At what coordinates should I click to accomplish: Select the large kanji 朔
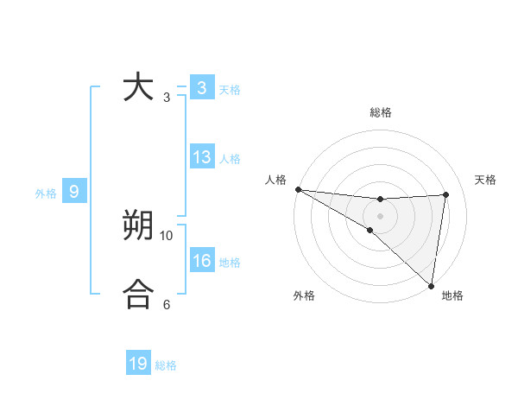[138, 226]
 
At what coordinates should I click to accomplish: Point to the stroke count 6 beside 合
[167, 304]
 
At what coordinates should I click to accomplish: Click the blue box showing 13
[202, 157]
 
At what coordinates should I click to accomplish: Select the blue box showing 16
[202, 261]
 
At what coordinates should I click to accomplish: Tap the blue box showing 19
[138, 364]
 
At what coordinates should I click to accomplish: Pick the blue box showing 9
[74, 192]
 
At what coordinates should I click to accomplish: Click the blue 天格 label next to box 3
[230, 89]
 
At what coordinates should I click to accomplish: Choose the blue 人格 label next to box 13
[230, 159]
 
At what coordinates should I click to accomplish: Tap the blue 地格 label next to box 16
[230, 263]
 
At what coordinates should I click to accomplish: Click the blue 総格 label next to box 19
[166, 365]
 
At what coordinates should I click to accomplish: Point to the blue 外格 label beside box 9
[46, 193]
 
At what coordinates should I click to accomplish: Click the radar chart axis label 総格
[381, 113]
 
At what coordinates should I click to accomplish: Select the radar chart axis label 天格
[485, 180]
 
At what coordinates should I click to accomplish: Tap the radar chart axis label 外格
[304, 295]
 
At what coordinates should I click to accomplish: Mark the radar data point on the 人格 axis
[298, 189]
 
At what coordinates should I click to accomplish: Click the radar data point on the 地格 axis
[431, 285]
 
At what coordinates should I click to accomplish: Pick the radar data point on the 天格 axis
[446, 194]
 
